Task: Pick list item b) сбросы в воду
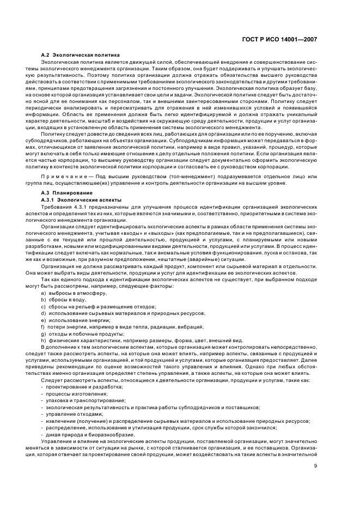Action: [63, 300]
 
